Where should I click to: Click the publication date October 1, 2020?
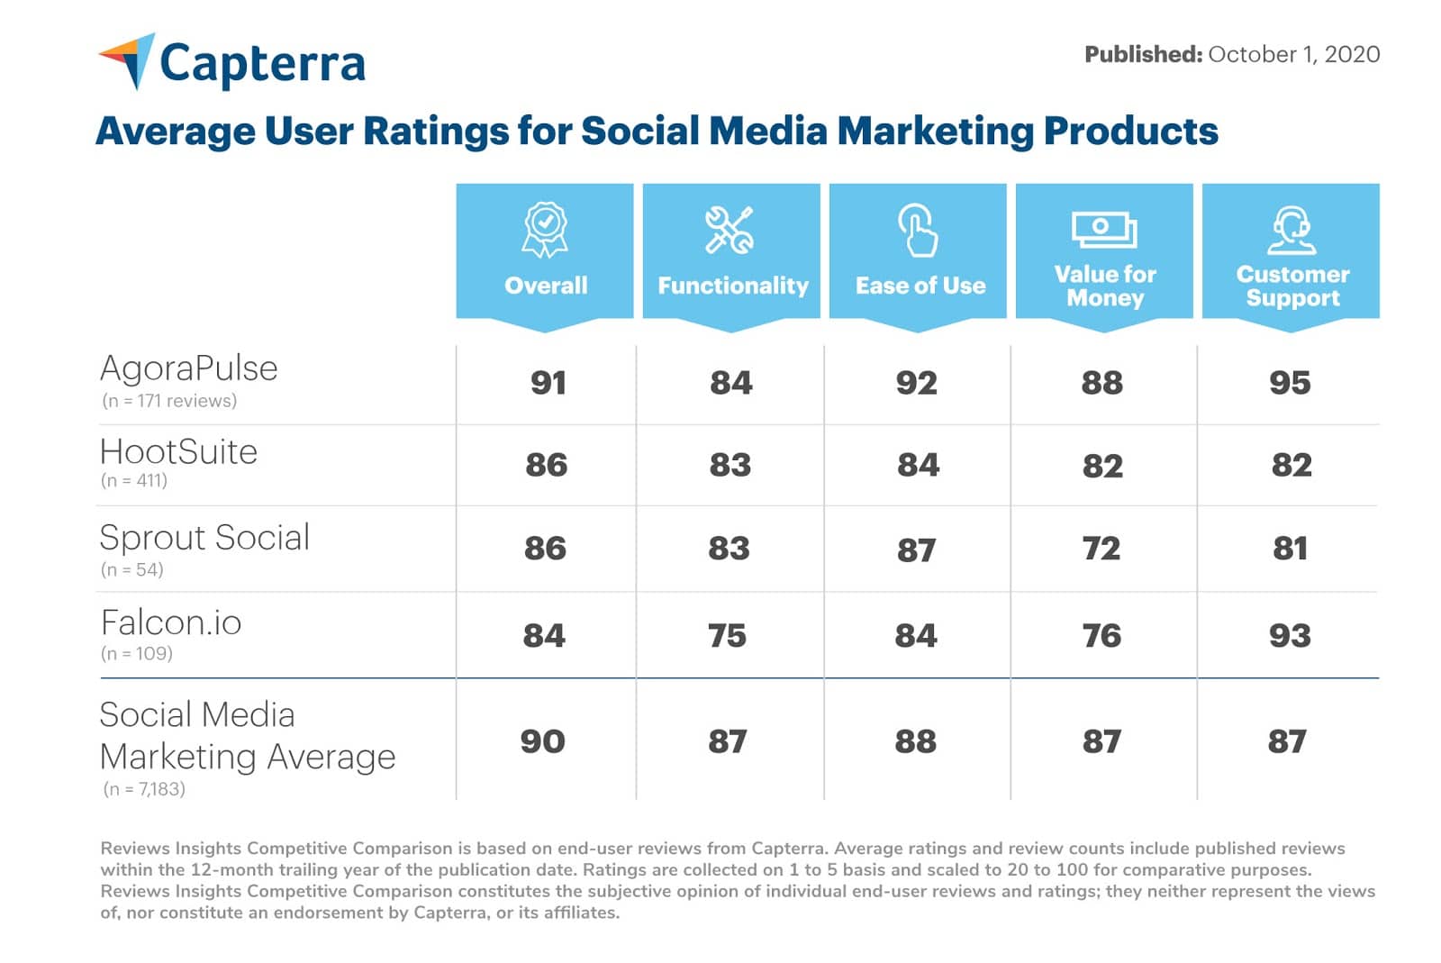click(1293, 55)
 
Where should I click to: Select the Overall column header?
click(545, 286)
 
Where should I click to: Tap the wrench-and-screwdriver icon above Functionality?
click(730, 230)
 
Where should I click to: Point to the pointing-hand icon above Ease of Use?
click(918, 230)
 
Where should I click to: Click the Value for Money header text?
click(1105, 286)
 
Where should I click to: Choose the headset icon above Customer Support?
click(1291, 231)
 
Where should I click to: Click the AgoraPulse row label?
click(189, 368)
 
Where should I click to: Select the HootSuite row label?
click(178, 452)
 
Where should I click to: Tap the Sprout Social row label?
click(204, 538)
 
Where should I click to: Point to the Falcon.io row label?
click(171, 623)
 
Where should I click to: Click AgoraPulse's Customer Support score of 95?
click(1290, 383)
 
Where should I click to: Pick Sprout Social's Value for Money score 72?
click(1101, 549)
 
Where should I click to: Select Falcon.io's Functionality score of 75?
click(727, 636)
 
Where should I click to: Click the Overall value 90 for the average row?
click(543, 741)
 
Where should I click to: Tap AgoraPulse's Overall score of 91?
click(548, 383)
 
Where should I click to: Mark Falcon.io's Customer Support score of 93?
click(1290, 636)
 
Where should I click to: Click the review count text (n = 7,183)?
click(144, 789)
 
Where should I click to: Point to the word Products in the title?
click(1130, 132)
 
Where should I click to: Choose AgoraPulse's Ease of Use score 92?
click(917, 383)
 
